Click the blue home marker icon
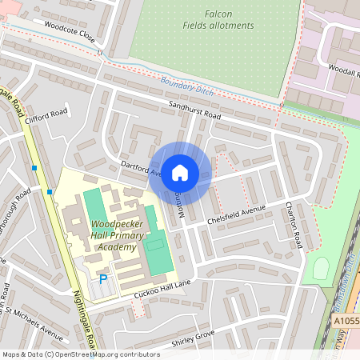180,173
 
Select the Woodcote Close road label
70,32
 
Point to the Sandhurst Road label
194,110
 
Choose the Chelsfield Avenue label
235,214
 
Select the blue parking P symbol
102,279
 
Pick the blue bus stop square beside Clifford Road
34,168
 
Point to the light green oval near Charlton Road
322,268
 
